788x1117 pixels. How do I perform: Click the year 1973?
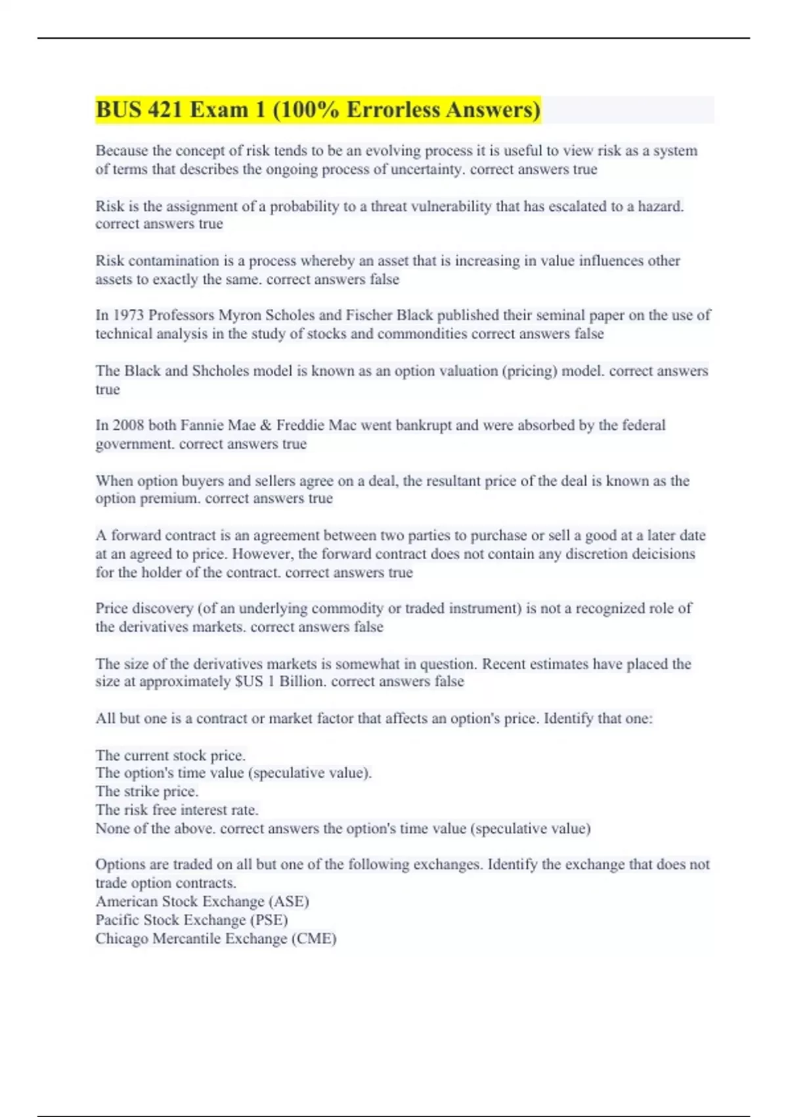point(128,315)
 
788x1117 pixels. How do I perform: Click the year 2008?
point(128,425)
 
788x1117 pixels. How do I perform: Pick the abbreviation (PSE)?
point(269,920)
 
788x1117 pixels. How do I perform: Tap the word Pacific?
point(118,920)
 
